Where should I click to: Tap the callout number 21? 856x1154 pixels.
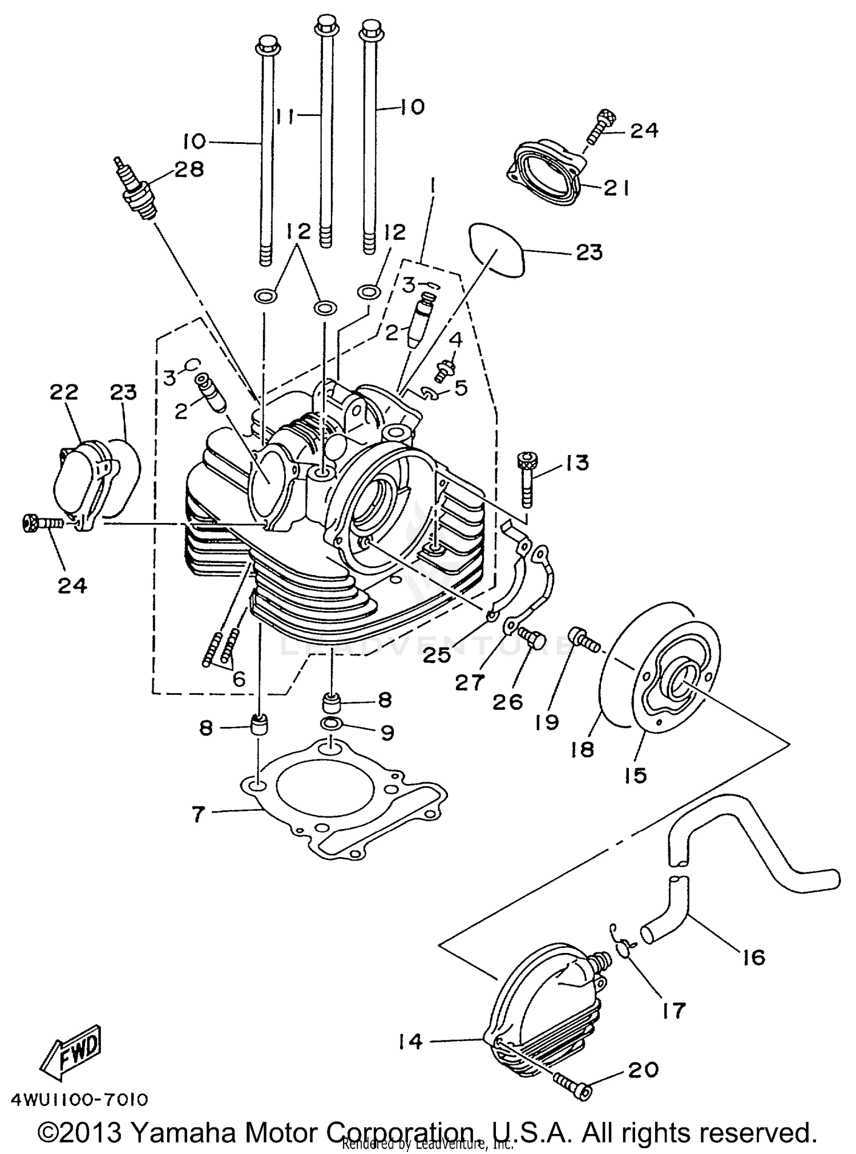point(616,188)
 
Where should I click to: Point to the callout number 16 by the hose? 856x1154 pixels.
point(754,956)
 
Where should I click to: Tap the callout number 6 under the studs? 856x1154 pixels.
point(239,678)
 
